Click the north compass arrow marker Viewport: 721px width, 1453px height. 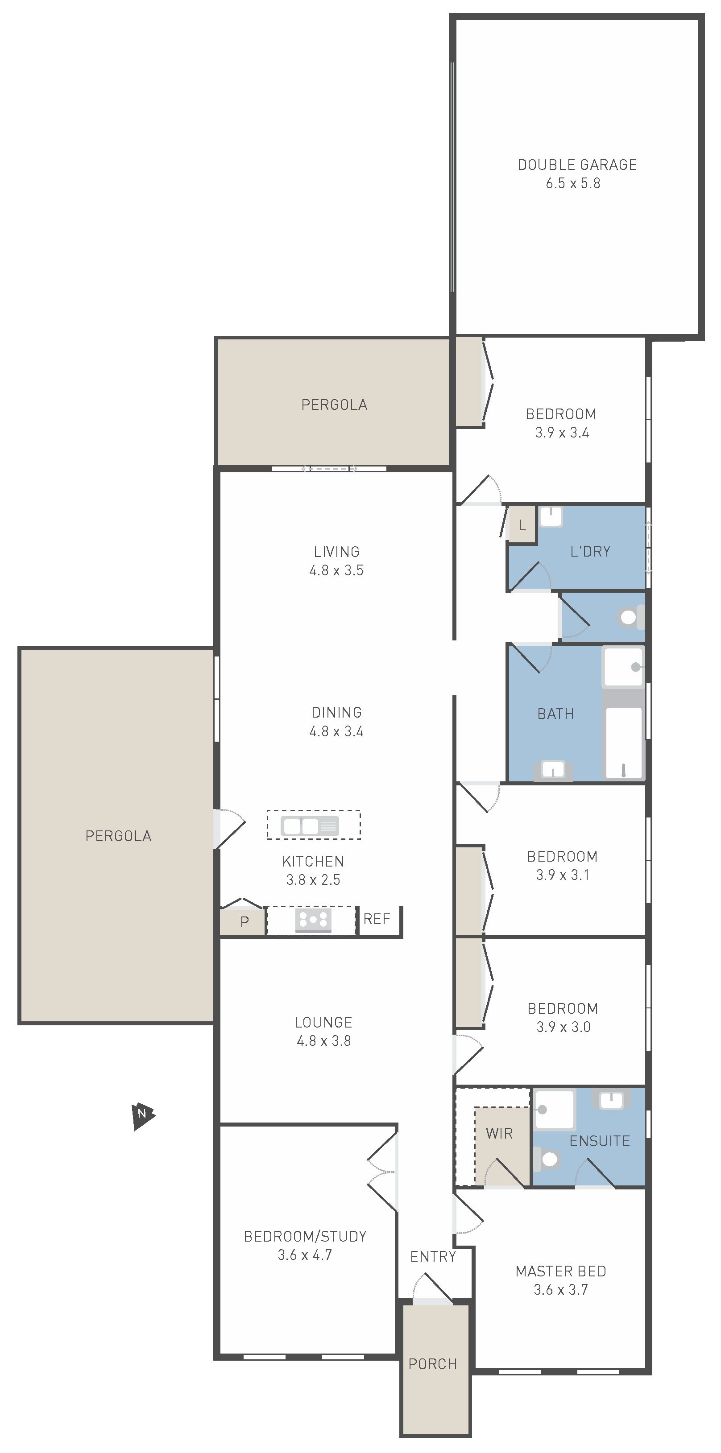[143, 1117]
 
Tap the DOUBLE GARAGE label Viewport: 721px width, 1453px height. [577, 165]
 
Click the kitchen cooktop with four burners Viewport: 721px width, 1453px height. [313, 920]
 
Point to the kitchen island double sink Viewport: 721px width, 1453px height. [310, 826]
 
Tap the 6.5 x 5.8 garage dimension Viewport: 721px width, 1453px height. [572, 183]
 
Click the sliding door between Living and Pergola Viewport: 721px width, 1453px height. [329, 469]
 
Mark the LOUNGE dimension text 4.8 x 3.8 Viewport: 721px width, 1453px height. [324, 1040]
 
